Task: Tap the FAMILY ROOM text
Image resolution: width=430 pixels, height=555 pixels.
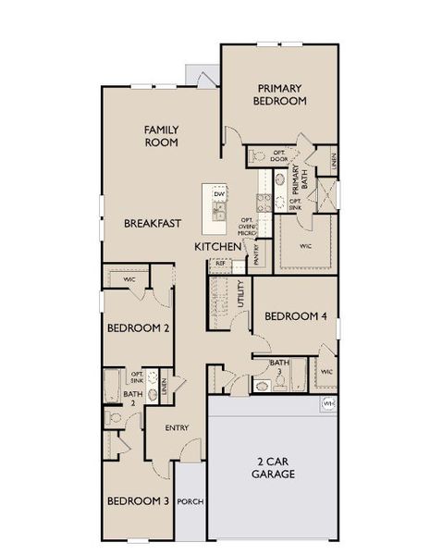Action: [161, 137]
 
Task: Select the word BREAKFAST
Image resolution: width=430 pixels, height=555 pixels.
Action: [152, 223]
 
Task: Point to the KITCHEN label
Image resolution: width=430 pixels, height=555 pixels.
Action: [217, 247]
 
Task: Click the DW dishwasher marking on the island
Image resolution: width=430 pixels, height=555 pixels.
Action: [219, 193]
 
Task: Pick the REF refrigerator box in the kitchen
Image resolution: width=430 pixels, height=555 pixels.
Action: [220, 264]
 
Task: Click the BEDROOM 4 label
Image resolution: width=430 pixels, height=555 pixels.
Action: [296, 315]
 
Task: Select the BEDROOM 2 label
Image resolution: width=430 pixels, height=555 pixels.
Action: [138, 327]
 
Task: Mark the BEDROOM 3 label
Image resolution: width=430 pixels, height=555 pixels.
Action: [138, 500]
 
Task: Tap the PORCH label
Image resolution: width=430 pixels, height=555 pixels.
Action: [191, 501]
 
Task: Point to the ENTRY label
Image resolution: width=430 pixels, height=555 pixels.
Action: [177, 427]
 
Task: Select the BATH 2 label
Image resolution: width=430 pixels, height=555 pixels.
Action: [133, 398]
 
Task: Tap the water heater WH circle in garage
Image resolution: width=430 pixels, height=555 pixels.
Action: [329, 404]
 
